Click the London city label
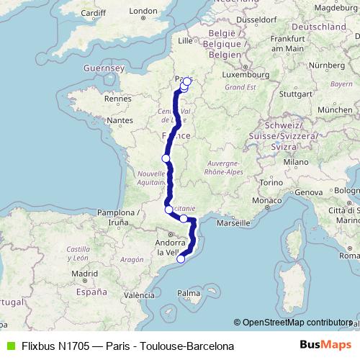point(163,11)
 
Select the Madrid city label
point(84,274)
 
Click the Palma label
point(189,293)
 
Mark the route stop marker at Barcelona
point(181,260)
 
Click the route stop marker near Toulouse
point(168,210)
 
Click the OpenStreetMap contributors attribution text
point(295,323)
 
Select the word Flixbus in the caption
point(38,346)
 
